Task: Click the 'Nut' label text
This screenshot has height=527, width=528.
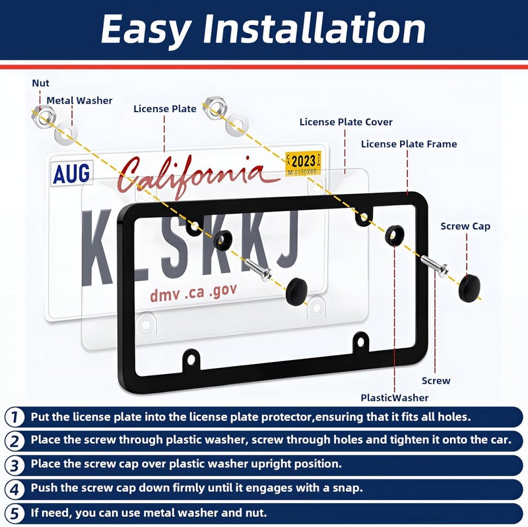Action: click(40, 83)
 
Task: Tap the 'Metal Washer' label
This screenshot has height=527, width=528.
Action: click(79, 100)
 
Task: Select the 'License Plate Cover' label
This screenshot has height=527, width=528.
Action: click(346, 122)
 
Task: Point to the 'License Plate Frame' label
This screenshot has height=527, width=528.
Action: click(409, 144)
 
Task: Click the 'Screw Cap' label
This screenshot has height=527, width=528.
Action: click(465, 226)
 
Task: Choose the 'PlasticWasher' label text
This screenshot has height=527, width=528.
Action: click(394, 398)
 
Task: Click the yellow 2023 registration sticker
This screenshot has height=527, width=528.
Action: click(303, 163)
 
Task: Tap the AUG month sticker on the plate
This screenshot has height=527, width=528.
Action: click(72, 173)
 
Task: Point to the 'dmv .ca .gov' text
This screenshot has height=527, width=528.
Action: click(193, 293)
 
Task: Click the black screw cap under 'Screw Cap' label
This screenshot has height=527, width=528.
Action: click(469, 288)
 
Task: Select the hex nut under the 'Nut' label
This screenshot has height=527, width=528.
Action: click(44, 115)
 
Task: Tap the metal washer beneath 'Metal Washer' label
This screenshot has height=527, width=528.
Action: click(65, 133)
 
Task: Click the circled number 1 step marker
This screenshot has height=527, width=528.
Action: click(14, 417)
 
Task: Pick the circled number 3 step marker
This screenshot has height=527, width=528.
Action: click(14, 466)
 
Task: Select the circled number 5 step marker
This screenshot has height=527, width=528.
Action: click(14, 514)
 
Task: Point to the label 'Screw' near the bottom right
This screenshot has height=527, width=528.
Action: click(436, 381)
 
